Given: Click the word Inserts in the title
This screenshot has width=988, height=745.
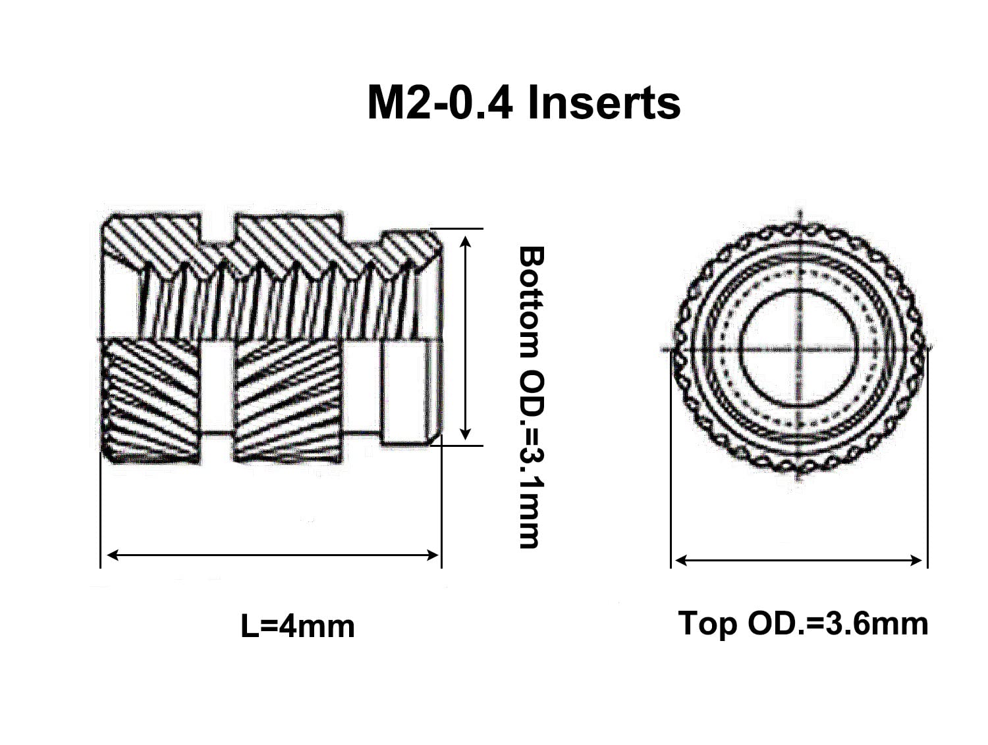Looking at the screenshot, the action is click(x=603, y=104).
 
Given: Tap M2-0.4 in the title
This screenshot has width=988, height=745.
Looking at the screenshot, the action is click(x=440, y=104).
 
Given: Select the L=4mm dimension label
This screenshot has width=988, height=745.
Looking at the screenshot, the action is click(x=298, y=627).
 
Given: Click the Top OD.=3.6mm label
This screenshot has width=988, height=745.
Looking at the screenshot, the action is click(x=803, y=624).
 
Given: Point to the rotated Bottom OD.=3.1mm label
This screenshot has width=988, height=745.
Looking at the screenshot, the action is click(x=532, y=397).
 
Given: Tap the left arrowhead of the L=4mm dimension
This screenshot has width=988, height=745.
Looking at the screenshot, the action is click(x=113, y=555).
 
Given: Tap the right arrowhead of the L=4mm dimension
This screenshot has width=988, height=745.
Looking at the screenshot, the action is click(x=433, y=555).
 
